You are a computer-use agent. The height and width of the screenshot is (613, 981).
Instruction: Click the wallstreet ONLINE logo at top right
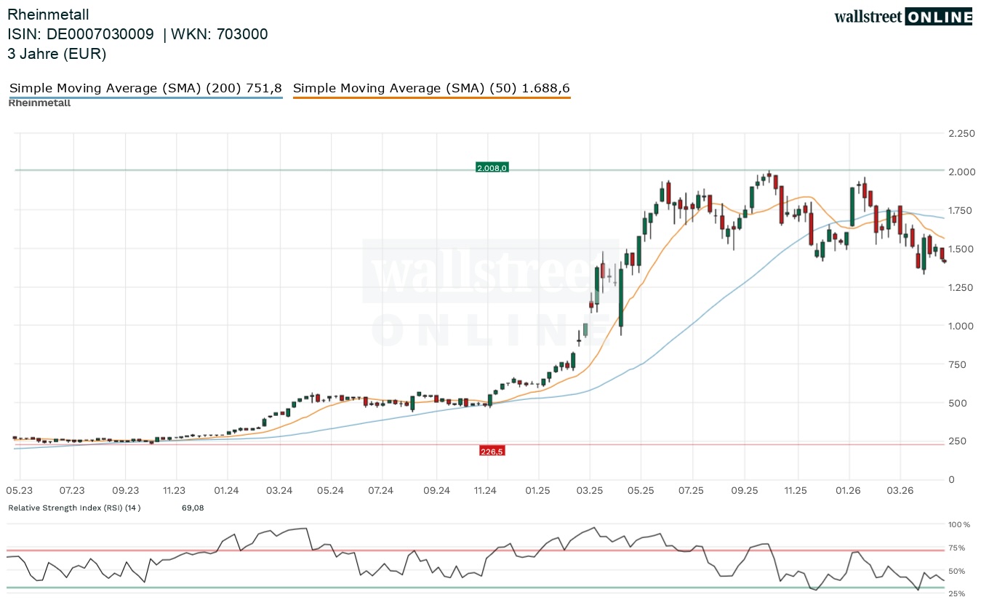pyautogui.click(x=902, y=17)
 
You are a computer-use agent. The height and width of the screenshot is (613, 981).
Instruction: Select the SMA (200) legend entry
pyautogui.click(x=145, y=89)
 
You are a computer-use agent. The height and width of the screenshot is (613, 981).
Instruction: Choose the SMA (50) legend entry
pyautogui.click(x=431, y=89)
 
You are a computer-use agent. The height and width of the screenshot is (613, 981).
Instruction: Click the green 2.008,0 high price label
pyautogui.click(x=492, y=168)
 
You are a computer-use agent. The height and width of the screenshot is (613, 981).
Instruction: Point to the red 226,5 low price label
pyautogui.click(x=492, y=452)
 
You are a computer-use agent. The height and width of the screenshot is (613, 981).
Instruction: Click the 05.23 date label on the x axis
pyautogui.click(x=20, y=491)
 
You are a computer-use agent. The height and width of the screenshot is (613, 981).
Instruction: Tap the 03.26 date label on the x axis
pyautogui.click(x=900, y=491)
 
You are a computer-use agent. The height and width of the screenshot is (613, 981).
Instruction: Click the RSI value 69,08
pyautogui.click(x=193, y=508)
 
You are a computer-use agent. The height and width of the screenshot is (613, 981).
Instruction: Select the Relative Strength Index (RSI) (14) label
pyautogui.click(x=74, y=508)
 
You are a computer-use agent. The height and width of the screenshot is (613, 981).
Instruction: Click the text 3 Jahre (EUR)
pyautogui.click(x=57, y=54)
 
